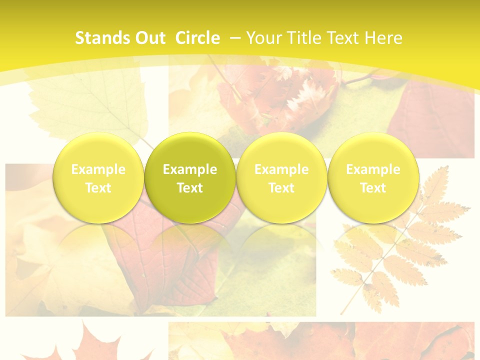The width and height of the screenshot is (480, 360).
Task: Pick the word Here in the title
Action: click(x=383, y=38)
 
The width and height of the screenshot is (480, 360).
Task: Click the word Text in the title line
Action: click(x=344, y=38)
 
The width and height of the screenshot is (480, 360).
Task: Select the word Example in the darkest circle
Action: click(x=190, y=169)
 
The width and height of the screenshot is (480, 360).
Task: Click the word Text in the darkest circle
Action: click(x=190, y=188)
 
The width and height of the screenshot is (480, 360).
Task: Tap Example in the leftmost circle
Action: click(x=98, y=169)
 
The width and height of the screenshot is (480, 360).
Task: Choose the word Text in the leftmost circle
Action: click(x=98, y=188)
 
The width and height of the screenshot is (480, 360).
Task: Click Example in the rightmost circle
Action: click(x=373, y=169)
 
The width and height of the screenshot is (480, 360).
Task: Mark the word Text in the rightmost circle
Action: click(x=373, y=188)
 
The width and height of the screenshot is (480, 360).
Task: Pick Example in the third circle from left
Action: click(x=281, y=169)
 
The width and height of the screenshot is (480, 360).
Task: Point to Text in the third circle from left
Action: click(x=281, y=188)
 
